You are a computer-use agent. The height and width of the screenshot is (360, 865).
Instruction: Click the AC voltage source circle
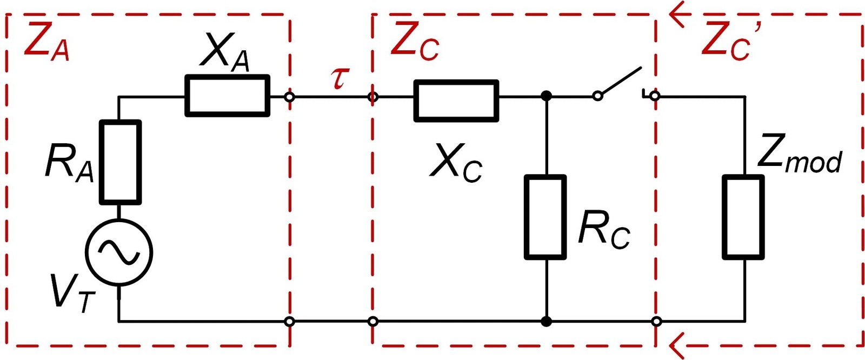pos(119,252)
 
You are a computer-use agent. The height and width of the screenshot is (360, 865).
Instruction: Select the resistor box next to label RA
pos(120,162)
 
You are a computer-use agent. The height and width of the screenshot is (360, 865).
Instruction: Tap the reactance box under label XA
pos(227,96)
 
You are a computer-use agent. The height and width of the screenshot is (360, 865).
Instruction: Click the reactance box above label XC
pos(456,101)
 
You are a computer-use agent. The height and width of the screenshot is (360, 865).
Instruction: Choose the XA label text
pos(225,52)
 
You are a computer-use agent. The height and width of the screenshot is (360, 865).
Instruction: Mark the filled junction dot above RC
pos(546,96)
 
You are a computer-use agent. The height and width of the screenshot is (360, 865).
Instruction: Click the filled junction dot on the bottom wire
pos(546,322)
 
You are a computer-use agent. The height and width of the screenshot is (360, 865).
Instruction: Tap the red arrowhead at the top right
pos(676,14)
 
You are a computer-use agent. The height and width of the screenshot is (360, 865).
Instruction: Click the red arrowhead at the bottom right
pos(676,344)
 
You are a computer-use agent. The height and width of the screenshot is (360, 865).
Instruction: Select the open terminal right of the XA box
pos(290,97)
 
